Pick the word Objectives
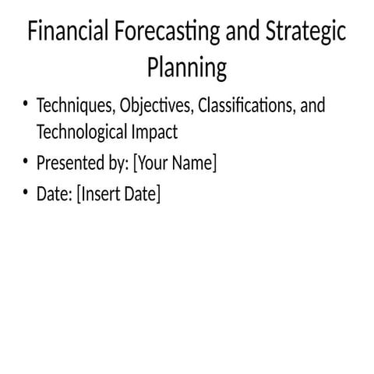pos(154,105)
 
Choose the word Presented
pos(69,164)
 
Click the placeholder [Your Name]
pos(175,164)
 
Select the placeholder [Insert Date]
pos(118,194)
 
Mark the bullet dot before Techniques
pos(26,104)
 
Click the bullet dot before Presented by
pos(26,163)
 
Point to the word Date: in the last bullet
pos(54,194)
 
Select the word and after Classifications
pos(312,105)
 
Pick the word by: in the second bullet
pos(119,164)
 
